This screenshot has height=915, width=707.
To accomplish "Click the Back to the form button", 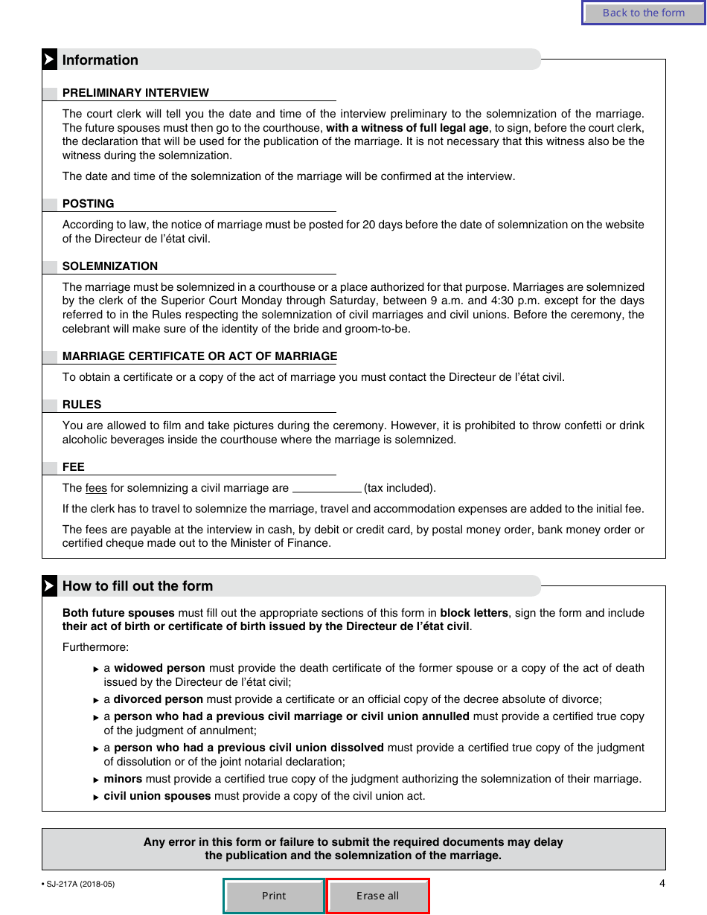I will click(x=643, y=13).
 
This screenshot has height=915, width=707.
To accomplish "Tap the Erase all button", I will click(x=377, y=896).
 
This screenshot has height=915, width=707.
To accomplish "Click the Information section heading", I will click(x=100, y=60).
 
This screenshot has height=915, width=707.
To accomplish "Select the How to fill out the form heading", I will click(x=138, y=586).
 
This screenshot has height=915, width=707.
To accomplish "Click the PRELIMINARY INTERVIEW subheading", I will click(x=135, y=93).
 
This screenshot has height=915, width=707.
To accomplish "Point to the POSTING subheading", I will click(x=89, y=204).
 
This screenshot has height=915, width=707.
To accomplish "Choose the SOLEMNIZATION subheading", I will click(x=110, y=266).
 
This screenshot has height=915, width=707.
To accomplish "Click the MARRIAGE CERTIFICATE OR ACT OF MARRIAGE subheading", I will click(x=199, y=356).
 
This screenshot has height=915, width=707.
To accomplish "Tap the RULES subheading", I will click(x=82, y=405).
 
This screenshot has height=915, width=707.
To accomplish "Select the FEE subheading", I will click(x=74, y=467).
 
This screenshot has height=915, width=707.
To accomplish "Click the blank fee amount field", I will click(x=327, y=488).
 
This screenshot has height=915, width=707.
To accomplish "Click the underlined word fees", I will click(x=96, y=488).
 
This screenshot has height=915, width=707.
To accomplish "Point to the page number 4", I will click(x=662, y=884).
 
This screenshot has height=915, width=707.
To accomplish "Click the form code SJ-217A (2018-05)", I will click(x=80, y=884).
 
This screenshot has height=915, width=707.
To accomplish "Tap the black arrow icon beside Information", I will click(x=49, y=60).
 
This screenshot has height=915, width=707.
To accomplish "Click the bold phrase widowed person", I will click(x=160, y=668).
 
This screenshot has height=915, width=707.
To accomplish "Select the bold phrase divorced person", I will click(x=158, y=699).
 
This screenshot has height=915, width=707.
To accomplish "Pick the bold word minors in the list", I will click(x=123, y=779).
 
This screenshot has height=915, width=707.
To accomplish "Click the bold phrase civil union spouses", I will click(x=157, y=796).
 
